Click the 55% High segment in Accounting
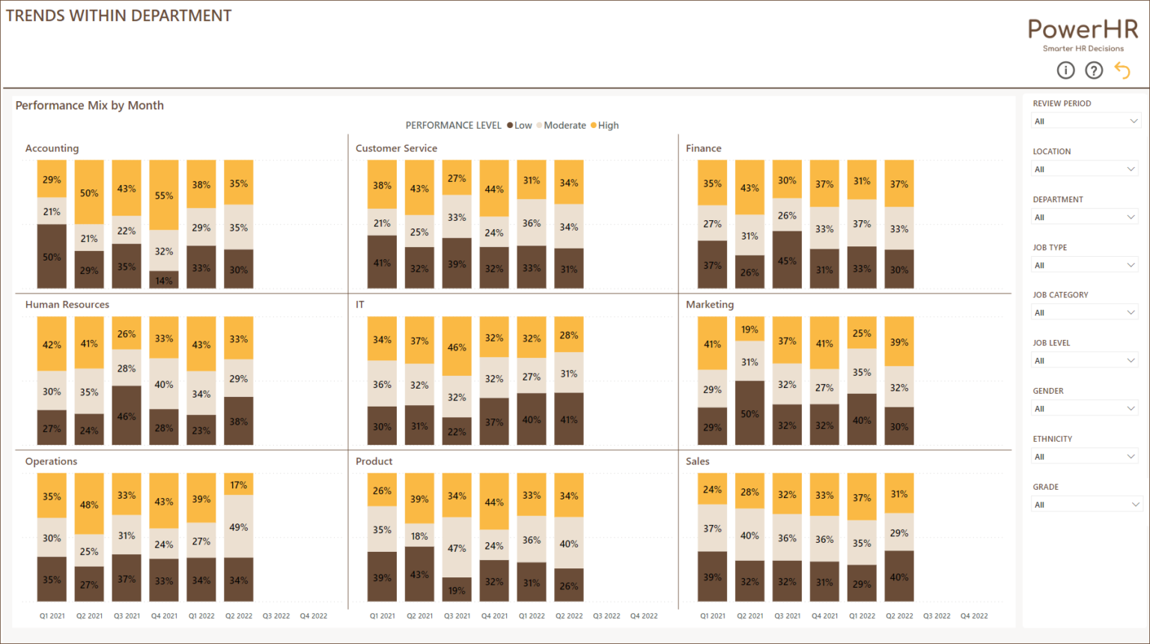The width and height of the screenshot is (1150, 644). [164, 195]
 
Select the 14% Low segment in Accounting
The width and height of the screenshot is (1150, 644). [164, 280]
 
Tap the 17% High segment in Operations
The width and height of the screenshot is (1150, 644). [239, 484]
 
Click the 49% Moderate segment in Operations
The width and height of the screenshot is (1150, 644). [239, 526]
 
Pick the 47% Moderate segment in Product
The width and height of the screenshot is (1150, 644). [457, 547]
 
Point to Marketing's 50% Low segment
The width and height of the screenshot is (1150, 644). [749, 413]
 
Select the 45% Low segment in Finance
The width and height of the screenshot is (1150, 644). [787, 260]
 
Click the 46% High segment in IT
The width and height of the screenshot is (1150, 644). [457, 347]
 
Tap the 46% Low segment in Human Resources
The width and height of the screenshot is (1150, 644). [127, 416]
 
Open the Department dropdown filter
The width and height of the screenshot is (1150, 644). [1084, 217]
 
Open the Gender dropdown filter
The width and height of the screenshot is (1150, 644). [1084, 409]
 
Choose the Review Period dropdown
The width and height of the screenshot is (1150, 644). [1084, 121]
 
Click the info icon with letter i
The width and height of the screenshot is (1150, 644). [1065, 70]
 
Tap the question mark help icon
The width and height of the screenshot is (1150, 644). [1094, 70]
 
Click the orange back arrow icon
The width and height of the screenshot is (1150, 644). [1122, 70]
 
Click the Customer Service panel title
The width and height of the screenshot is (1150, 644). [396, 148]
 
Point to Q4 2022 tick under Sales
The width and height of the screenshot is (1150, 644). [974, 616]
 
